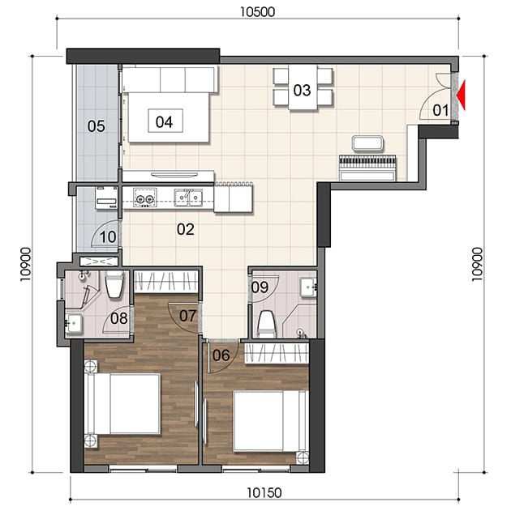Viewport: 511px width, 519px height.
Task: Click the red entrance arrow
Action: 462,95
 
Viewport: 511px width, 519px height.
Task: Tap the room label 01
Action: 440,110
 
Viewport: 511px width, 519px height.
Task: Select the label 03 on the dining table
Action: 302,91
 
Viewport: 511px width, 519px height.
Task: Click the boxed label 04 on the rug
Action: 165,121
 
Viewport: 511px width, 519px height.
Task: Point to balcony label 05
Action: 97,126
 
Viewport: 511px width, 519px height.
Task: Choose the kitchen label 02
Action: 186,229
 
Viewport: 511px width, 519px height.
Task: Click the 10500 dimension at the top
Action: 257,12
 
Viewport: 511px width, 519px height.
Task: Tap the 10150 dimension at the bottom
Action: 264,493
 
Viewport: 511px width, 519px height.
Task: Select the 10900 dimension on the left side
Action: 25,264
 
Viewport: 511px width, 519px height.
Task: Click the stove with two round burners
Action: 145,198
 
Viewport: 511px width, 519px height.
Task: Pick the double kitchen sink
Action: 189,198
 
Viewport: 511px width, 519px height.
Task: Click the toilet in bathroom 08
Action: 114,284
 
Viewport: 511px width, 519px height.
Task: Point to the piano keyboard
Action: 367,162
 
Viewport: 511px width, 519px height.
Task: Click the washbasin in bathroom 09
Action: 308,287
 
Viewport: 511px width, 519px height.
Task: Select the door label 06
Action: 221,355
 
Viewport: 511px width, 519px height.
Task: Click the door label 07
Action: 188,316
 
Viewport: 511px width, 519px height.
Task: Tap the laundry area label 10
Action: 108,237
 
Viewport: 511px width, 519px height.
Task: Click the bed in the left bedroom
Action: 122,404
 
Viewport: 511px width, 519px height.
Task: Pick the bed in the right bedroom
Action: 271,421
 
